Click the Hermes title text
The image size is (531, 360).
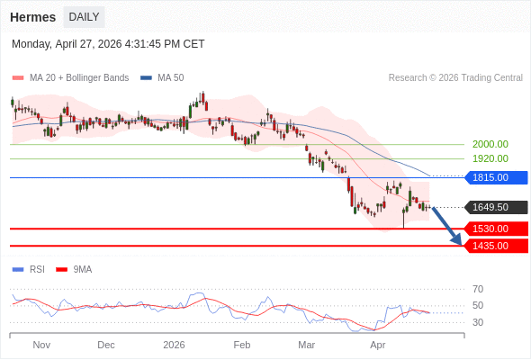click(31, 17)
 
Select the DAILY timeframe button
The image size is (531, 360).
click(84, 17)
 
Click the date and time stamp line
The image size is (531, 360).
click(108, 43)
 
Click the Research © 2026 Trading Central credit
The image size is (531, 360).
click(455, 77)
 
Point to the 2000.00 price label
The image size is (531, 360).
click(490, 144)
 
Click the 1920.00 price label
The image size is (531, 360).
click(490, 158)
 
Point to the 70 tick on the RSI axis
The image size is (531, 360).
click(478, 289)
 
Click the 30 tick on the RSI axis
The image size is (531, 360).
click(478, 322)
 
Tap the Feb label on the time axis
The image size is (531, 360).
click(241, 345)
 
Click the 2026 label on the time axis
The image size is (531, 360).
click(174, 345)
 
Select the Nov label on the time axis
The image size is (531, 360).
click(41, 345)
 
